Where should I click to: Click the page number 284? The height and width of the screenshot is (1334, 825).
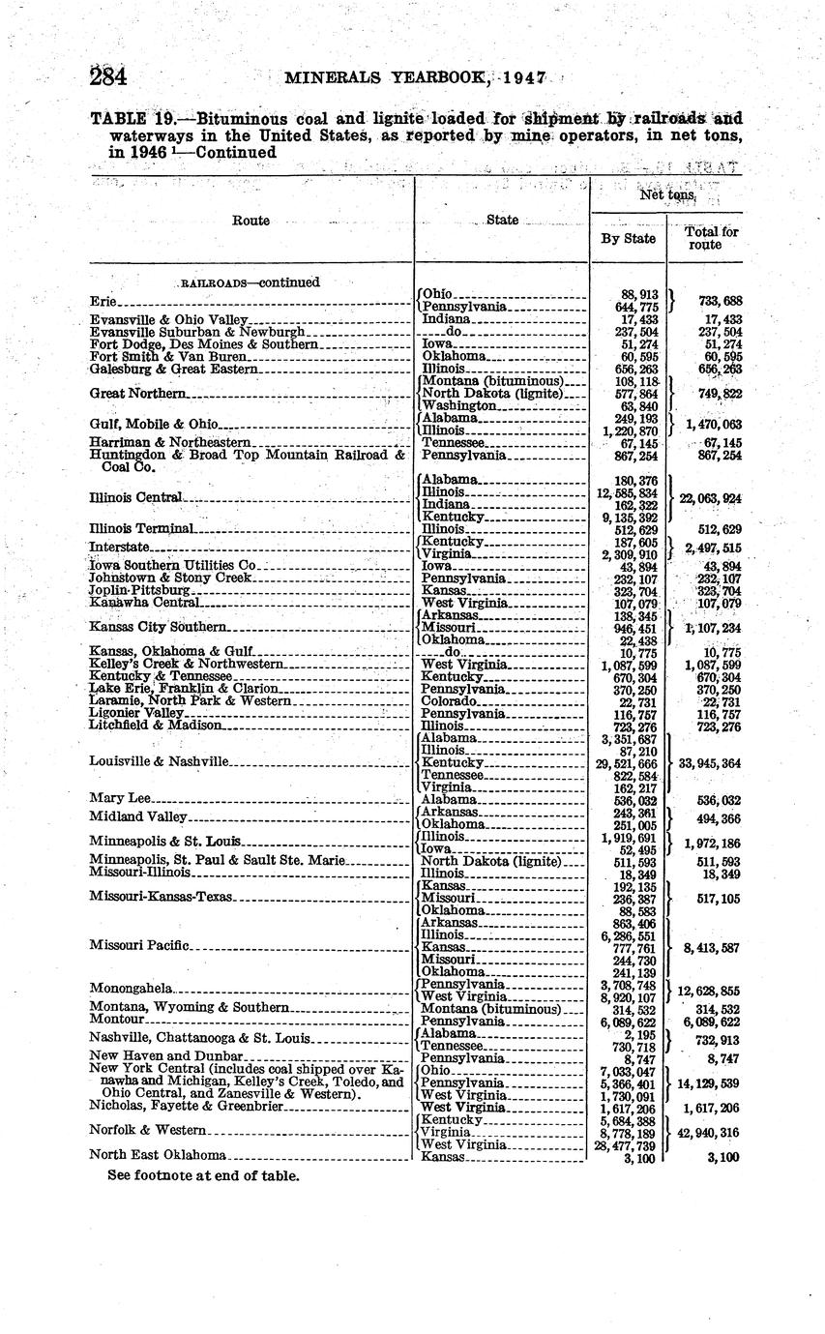pyautogui.click(x=109, y=76)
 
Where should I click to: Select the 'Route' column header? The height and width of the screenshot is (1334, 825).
pyautogui.click(x=251, y=221)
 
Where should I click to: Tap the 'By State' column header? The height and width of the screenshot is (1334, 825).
pyautogui.click(x=628, y=238)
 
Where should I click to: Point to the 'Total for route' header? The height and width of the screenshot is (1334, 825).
pyautogui.click(x=705, y=238)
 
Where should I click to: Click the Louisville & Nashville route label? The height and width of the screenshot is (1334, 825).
pyautogui.click(x=160, y=761)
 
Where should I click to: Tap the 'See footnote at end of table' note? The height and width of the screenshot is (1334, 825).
pyautogui.click(x=204, y=1175)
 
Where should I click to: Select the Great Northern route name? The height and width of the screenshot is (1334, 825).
pyautogui.click(x=137, y=394)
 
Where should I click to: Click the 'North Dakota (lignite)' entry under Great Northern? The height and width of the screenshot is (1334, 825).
pyautogui.click(x=491, y=394)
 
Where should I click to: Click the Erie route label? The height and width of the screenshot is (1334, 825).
pyautogui.click(x=102, y=301)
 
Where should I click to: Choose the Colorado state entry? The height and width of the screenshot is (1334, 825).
pyautogui.click(x=450, y=700)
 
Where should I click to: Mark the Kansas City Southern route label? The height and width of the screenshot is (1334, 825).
pyautogui.click(x=158, y=627)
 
